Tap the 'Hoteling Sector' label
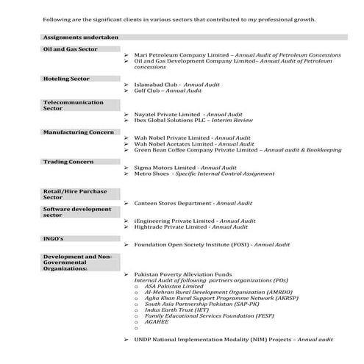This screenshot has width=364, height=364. [x=65, y=77]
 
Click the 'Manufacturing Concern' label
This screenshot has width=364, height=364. [x=79, y=132]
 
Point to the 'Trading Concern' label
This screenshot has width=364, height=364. [x=68, y=161]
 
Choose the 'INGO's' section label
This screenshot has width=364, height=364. [x=54, y=238]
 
